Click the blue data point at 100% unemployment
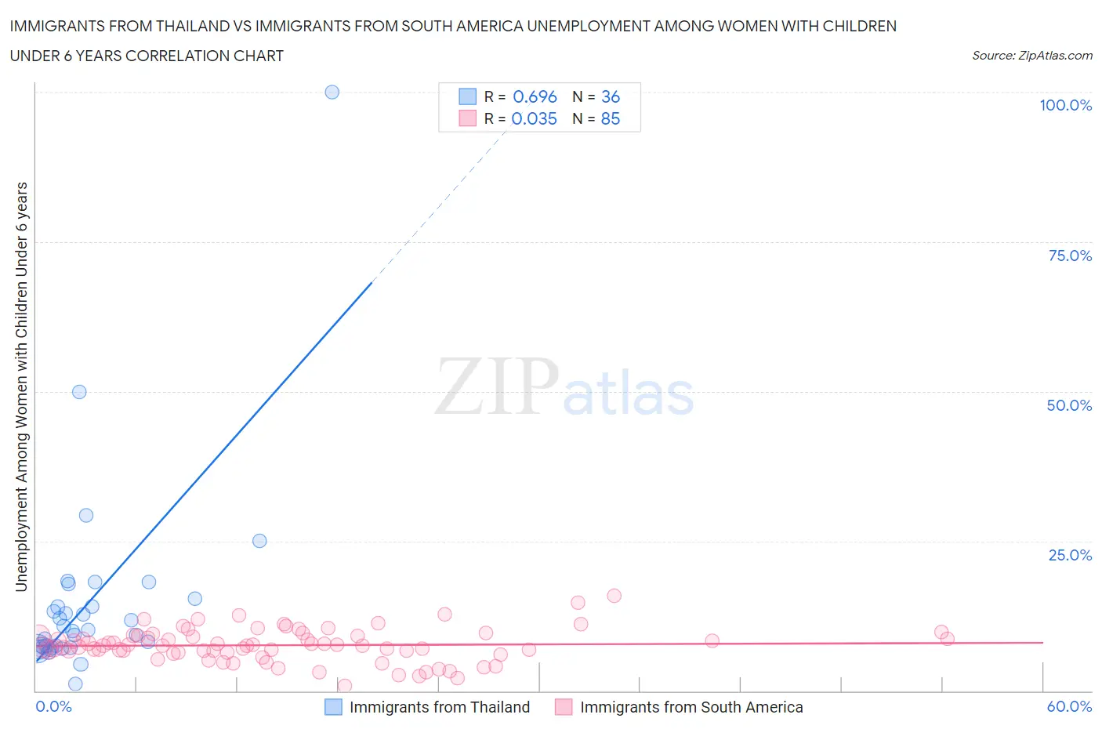(332, 92)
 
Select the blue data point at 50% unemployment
(79, 392)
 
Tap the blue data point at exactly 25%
(259, 541)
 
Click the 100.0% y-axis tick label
(1065, 105)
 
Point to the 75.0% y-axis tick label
(1070, 256)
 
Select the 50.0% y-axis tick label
(1069, 405)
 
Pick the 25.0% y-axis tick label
(1070, 555)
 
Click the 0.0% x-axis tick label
(53, 706)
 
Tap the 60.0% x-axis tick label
(1069, 706)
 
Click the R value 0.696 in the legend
(535, 96)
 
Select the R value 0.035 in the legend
(534, 118)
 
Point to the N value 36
(611, 96)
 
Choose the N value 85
(611, 118)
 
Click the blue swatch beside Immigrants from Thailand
(333, 707)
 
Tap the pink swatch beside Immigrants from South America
(564, 707)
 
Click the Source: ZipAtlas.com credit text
(1031, 55)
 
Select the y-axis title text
(21, 386)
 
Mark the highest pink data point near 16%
(614, 596)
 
